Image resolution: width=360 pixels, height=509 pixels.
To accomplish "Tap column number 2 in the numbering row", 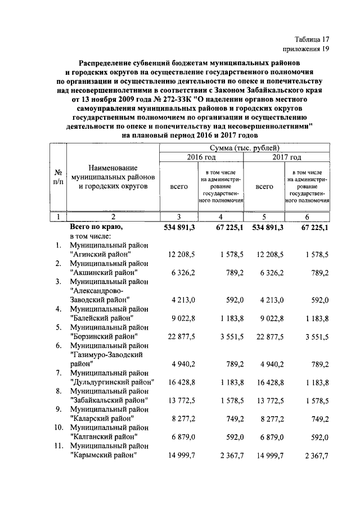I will point(113,217).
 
